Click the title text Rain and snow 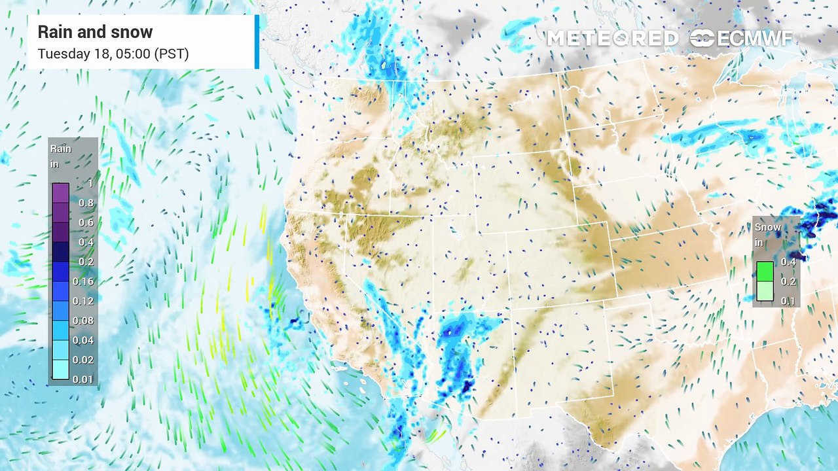(95, 32)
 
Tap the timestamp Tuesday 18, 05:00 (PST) (113, 54)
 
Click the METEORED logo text (612, 39)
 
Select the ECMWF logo (742, 39)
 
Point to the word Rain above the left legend (61, 148)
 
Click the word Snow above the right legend (768, 227)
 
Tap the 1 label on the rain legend (90, 184)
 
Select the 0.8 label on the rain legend (86, 203)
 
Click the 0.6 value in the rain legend (86, 222)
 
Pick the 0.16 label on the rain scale (84, 281)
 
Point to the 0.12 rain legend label (84, 301)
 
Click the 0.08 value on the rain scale (84, 321)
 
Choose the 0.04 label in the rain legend (84, 340)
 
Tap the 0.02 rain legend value (84, 360)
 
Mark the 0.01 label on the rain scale (84, 379)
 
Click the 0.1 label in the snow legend (788, 301)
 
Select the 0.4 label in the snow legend (788, 262)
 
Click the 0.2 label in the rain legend (86, 262)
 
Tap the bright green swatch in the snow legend (765, 271)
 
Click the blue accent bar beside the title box (257, 41)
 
